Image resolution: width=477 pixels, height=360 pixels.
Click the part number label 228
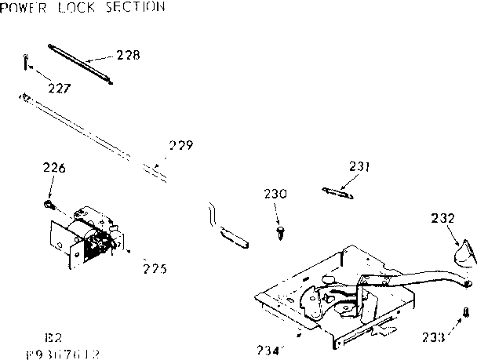[128, 56]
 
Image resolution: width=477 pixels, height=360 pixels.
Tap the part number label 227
[59, 88]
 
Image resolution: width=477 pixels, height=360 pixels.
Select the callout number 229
[180, 145]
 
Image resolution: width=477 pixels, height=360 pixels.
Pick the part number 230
[275, 194]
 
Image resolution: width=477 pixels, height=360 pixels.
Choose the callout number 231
[359, 166]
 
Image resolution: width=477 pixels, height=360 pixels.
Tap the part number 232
[444, 219]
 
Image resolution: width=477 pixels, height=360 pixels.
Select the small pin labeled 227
[26, 60]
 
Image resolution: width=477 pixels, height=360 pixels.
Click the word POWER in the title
[27, 7]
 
